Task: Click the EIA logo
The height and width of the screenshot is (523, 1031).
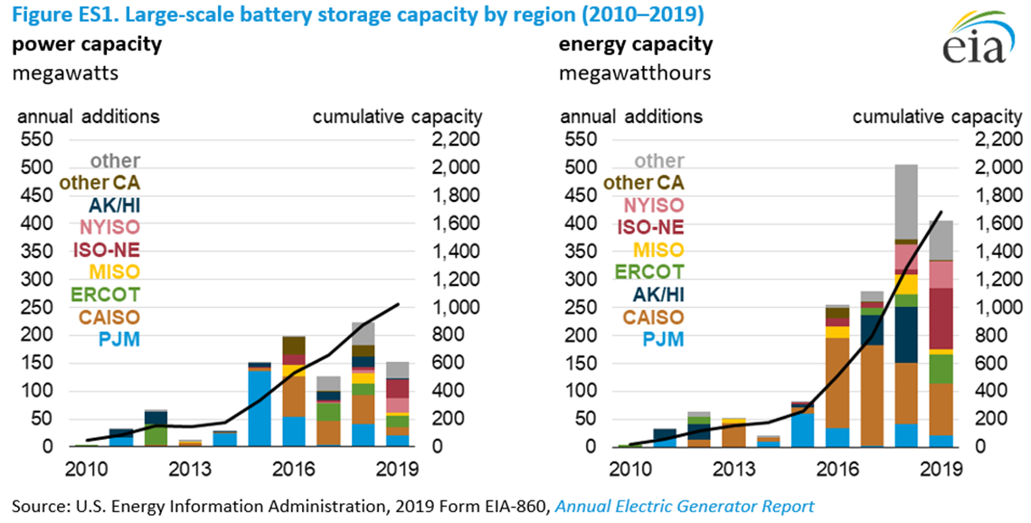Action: point(972,41)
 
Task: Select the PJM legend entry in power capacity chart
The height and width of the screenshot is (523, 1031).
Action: point(119,339)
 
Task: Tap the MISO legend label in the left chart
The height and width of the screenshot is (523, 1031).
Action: point(114,271)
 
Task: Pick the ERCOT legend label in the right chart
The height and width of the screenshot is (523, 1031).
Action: point(649,271)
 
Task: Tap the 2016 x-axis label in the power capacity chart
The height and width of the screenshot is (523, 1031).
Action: point(292,469)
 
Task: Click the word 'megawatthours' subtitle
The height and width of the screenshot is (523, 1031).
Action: point(623,72)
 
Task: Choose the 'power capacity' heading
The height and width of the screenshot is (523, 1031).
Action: point(74,44)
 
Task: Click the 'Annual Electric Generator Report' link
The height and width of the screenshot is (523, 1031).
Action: point(685,507)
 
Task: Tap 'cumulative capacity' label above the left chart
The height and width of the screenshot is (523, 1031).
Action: point(397,116)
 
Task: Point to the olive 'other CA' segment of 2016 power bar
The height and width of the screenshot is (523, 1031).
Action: point(294,345)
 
